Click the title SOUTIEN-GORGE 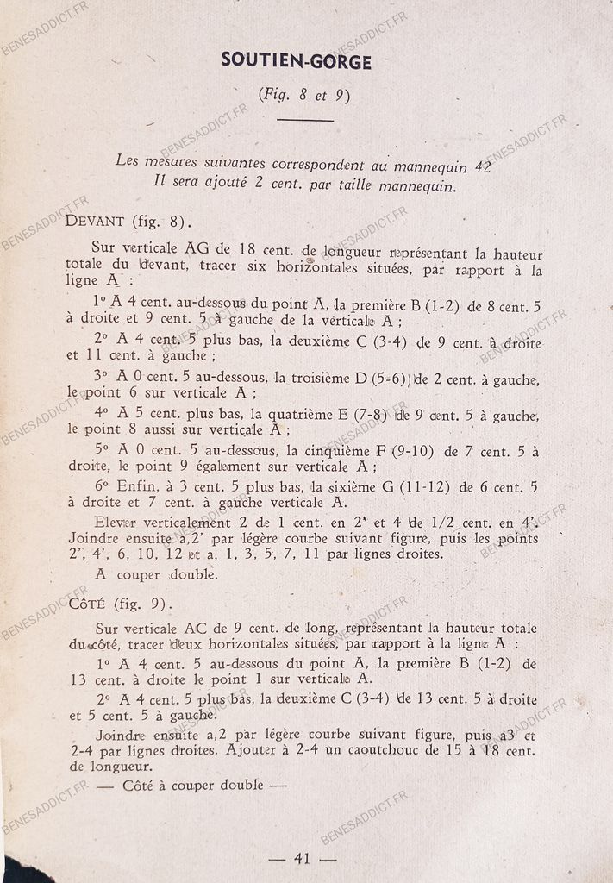pos(297,60)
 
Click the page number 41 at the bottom pos(302,858)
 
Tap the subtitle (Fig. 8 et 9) pos(304,96)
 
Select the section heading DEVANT pos(95,222)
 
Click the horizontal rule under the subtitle pos(305,121)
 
